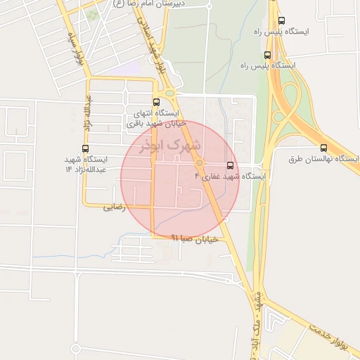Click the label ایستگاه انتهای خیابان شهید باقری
click(x=153, y=117)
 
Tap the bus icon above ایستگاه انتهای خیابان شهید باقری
click(x=155, y=101)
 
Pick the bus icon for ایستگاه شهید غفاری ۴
click(x=230, y=165)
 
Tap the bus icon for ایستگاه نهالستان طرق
click(x=323, y=148)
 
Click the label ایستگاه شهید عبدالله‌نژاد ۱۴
click(x=85, y=165)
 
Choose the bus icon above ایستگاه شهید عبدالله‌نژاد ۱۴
click(x=86, y=148)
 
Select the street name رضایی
click(x=114, y=207)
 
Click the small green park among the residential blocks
click(x=92, y=14)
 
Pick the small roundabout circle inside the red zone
click(x=200, y=163)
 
